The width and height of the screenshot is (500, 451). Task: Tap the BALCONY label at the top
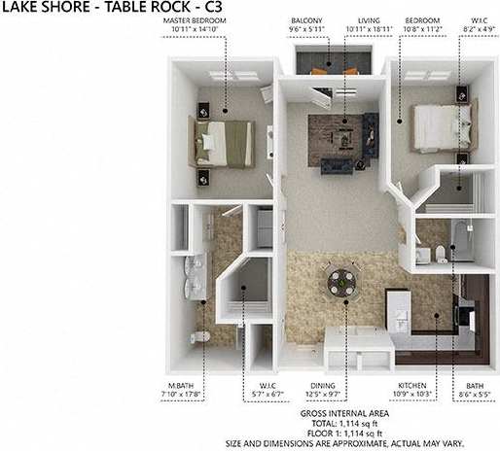(307, 20)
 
